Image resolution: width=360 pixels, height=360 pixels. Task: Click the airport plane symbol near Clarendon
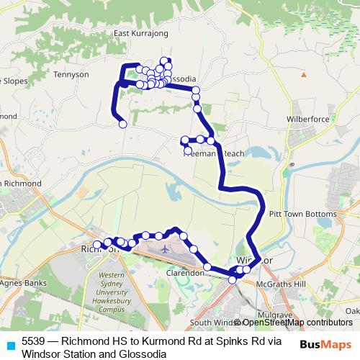pos(166,250)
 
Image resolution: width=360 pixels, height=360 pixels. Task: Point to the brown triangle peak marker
pos(305,74)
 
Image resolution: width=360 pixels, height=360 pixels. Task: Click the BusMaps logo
pos(325,343)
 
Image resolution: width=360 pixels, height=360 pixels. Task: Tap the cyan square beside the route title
pos(10,344)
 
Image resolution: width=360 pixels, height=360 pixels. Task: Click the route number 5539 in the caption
pos(33,340)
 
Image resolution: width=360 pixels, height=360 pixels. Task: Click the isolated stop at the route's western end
pos(123,124)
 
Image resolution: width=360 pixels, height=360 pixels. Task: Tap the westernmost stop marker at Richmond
pos(96,245)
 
